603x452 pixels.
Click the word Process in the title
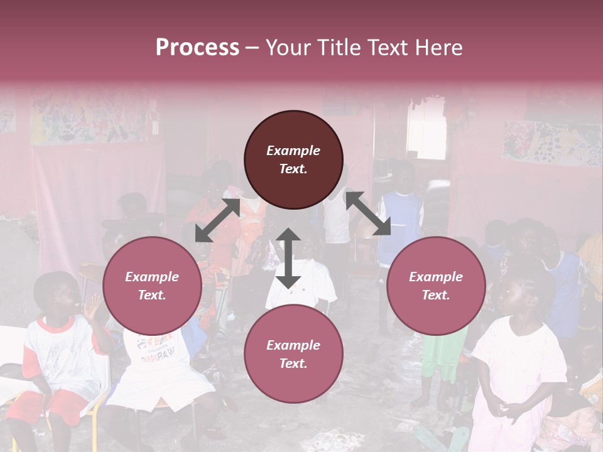(197, 48)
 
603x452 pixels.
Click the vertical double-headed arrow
(288, 258)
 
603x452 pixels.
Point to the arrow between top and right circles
(368, 213)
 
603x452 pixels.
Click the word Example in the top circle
(293, 151)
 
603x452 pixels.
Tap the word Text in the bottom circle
(293, 364)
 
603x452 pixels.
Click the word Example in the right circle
(436, 277)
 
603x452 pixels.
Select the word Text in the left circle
(152, 296)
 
